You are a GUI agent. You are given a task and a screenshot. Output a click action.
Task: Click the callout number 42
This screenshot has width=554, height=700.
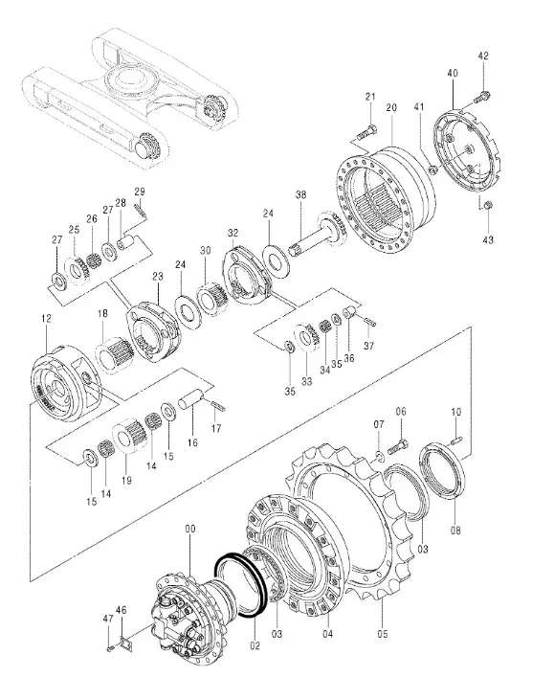pyautogui.click(x=483, y=56)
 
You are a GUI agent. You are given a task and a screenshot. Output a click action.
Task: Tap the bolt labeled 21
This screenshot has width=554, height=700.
pyautogui.click(x=367, y=132)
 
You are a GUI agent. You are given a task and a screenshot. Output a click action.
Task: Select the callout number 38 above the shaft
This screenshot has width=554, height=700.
pyautogui.click(x=301, y=194)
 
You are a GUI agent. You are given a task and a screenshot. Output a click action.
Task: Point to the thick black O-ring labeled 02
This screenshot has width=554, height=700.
pyautogui.click(x=241, y=584)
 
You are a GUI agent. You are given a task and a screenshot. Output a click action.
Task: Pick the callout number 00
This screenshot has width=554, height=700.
pyautogui.click(x=190, y=529)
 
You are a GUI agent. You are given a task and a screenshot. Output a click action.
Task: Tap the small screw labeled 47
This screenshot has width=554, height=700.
pyautogui.click(x=109, y=648)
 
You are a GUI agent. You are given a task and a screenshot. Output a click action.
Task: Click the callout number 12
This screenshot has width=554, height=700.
pyautogui.click(x=46, y=319)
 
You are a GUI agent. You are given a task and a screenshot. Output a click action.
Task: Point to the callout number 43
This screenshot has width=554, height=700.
pyautogui.click(x=488, y=239)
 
